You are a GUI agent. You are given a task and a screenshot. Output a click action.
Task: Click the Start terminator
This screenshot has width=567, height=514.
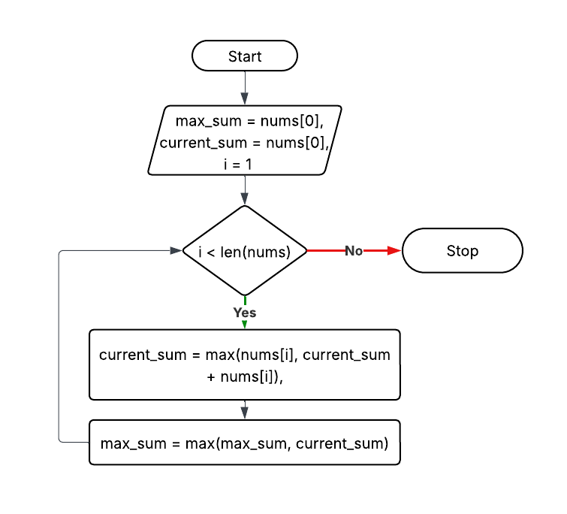click(x=245, y=56)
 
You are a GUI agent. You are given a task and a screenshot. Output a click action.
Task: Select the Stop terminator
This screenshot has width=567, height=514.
click(x=462, y=251)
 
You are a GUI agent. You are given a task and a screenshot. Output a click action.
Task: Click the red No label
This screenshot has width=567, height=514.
click(x=354, y=251)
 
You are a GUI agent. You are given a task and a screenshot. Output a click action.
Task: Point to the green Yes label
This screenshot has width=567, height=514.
click(x=245, y=313)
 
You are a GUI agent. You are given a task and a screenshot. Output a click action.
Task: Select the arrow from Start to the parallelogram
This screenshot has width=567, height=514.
click(x=245, y=88)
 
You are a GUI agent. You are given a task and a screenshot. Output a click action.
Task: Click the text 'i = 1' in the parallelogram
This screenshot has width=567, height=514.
click(x=245, y=163)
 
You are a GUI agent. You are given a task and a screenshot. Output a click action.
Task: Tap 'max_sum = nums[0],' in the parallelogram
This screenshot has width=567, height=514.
click(x=245, y=121)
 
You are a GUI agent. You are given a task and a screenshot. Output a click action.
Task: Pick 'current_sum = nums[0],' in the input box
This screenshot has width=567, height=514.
click(x=245, y=142)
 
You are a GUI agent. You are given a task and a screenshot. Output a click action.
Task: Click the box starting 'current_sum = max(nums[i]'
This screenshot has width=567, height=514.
click(x=245, y=364)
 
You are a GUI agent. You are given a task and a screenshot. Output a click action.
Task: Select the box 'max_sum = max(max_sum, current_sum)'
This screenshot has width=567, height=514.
click(x=245, y=443)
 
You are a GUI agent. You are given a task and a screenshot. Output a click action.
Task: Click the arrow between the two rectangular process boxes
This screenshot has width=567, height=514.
click(x=245, y=410)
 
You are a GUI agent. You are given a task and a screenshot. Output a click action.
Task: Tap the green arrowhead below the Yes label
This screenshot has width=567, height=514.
click(x=245, y=325)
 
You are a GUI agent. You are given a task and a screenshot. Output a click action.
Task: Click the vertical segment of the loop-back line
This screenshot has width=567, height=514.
click(x=59, y=346)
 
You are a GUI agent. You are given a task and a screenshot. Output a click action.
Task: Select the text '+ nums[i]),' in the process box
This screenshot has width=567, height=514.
click(x=245, y=376)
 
